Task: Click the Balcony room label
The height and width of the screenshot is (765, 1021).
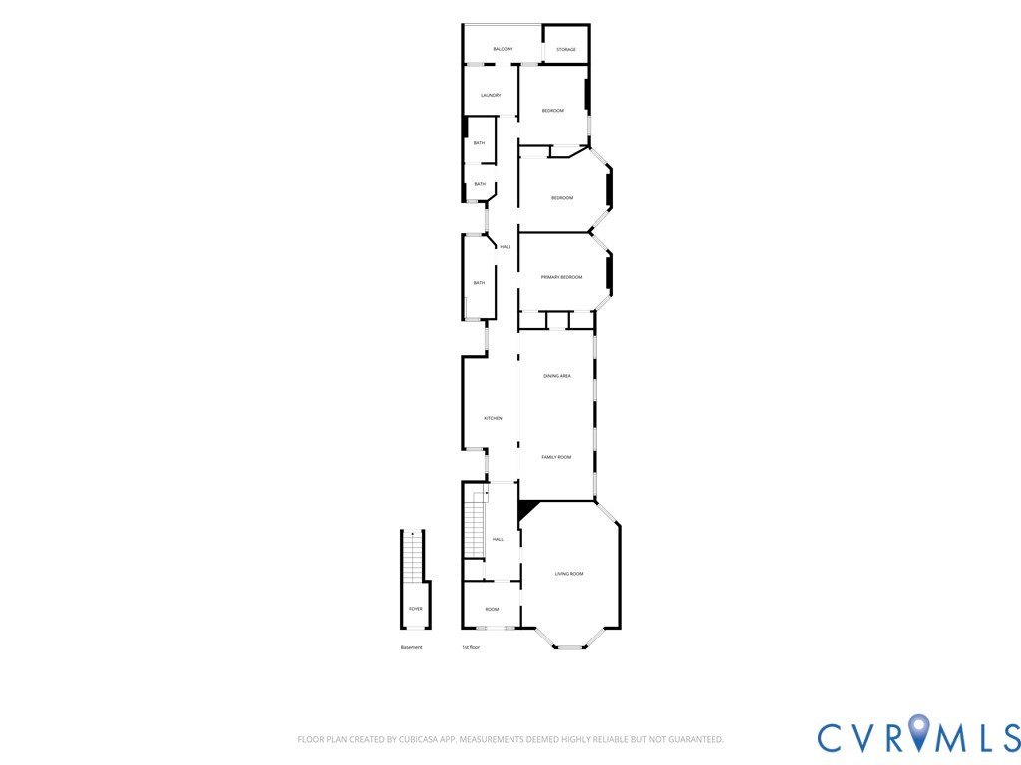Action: pos(503,49)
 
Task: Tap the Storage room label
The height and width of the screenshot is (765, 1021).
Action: pos(566,50)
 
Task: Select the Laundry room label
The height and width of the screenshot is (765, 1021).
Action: pos(491,95)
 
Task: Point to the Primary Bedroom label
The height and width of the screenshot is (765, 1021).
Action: pos(562,277)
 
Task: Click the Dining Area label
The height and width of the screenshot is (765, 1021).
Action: pos(557,376)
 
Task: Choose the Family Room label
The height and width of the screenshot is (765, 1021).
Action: pos(556,457)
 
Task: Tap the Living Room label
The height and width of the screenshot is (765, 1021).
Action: pos(569,574)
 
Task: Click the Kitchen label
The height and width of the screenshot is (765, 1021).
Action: pos(493,418)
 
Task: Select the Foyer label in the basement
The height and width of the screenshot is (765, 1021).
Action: pos(416,609)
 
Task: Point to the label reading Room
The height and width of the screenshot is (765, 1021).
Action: pos(492,609)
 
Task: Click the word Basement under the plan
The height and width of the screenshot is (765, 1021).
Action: pos(412,647)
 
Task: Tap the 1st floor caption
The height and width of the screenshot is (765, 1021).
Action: pos(471,647)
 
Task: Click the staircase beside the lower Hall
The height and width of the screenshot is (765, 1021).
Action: pos(474,524)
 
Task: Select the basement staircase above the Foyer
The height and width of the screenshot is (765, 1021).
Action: pos(413,558)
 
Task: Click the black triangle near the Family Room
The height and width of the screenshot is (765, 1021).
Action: pos(526,509)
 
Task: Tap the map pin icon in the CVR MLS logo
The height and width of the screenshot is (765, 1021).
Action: pos(919,729)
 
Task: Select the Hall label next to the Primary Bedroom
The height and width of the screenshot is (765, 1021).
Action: pos(506,247)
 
